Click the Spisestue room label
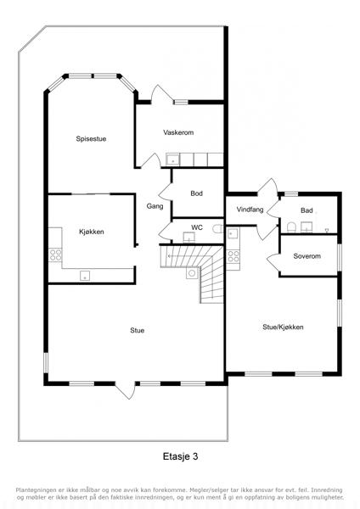[x=91, y=139]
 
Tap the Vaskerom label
[x=178, y=132]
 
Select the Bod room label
[x=197, y=193]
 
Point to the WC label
[x=197, y=227]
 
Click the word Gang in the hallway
[x=155, y=206]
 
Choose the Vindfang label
[x=250, y=210]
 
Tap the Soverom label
[x=307, y=256]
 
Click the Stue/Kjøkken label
[x=283, y=327]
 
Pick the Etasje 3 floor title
[x=180, y=456]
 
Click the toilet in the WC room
[x=217, y=228]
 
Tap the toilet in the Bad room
[x=291, y=227]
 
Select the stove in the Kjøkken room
[x=55, y=255]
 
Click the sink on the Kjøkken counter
[x=85, y=276]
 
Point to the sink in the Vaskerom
[x=172, y=159]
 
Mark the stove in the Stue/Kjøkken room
[x=233, y=256]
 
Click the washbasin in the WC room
[x=188, y=238]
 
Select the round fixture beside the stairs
[x=192, y=273]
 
